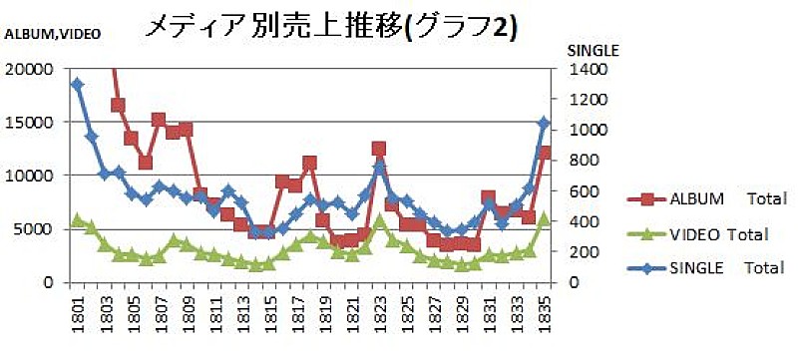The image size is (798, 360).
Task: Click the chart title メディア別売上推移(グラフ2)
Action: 330,27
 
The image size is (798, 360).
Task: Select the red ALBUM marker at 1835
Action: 545,153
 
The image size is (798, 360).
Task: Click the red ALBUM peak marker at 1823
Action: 379,149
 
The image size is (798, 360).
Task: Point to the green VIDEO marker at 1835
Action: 545,219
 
